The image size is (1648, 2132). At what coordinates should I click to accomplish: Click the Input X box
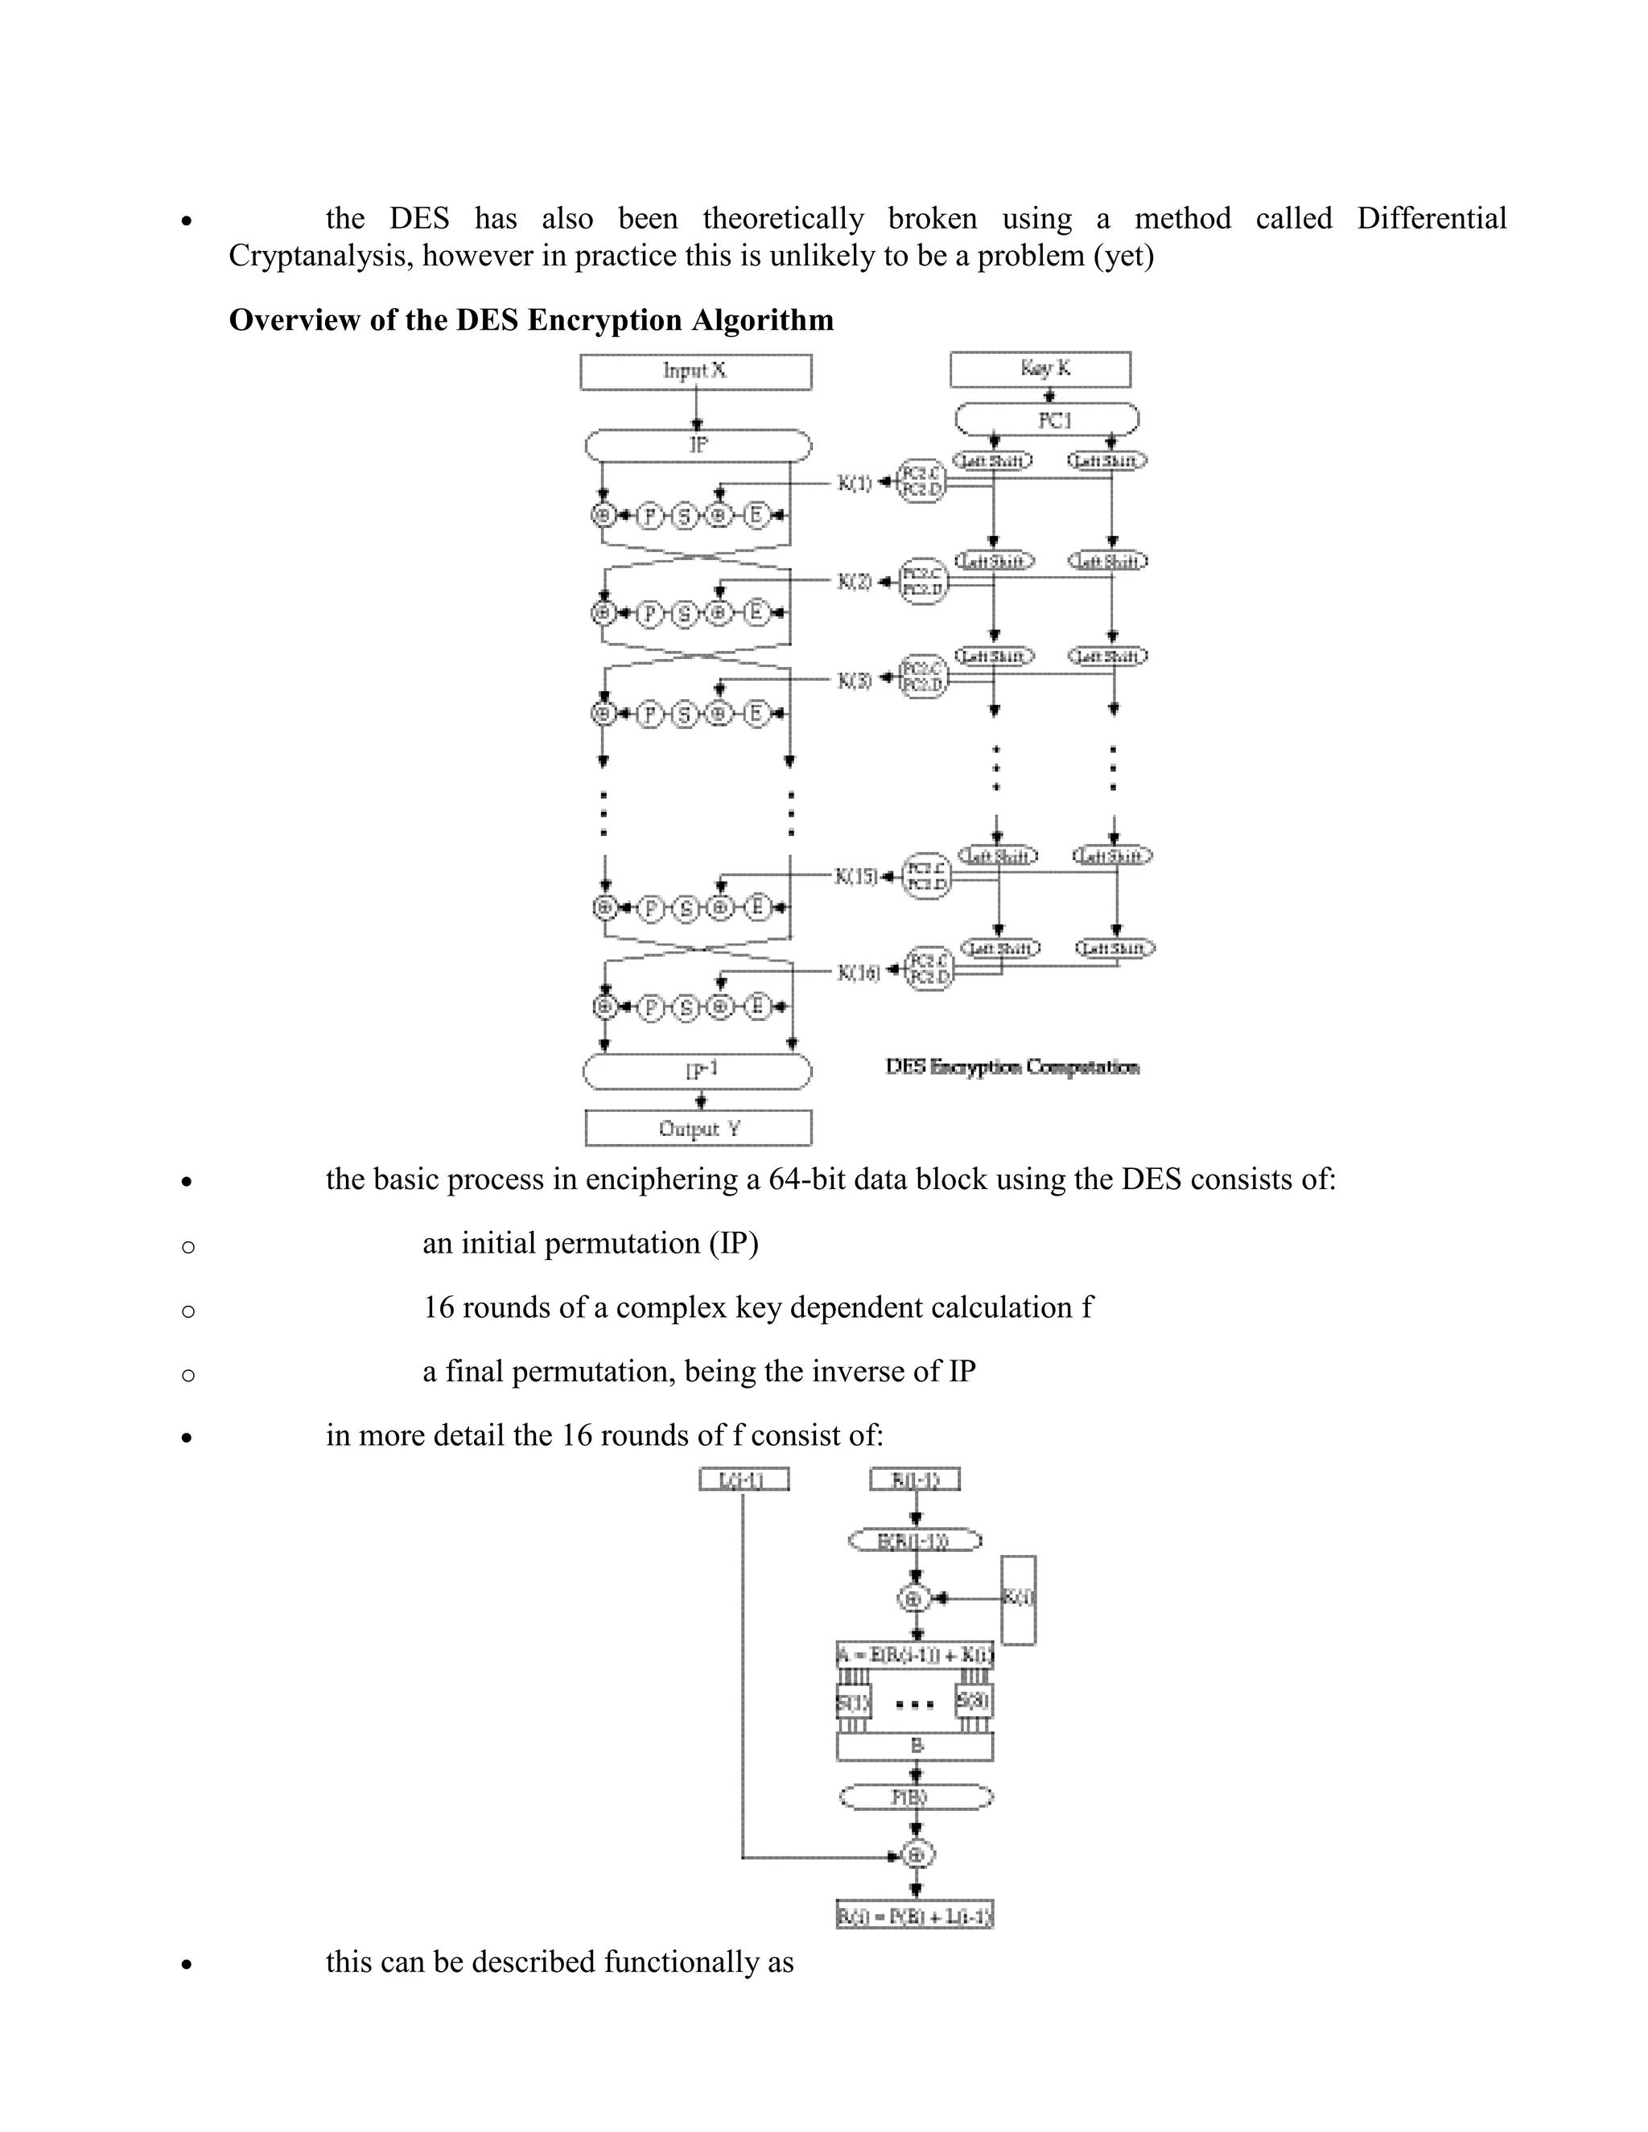click(695, 371)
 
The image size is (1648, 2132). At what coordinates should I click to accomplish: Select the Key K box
click(1040, 369)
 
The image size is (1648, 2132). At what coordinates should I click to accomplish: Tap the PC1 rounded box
click(1047, 420)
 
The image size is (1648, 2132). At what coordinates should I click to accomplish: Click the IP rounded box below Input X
click(698, 445)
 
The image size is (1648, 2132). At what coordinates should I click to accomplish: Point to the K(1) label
click(855, 482)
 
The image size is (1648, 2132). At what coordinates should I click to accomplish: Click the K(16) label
click(858, 973)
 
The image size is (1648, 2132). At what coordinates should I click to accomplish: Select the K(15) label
click(856, 875)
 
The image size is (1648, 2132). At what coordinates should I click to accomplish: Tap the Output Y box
click(698, 1129)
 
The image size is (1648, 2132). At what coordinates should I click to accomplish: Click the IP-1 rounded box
click(697, 1071)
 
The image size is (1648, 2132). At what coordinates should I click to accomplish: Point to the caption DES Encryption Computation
click(1011, 1067)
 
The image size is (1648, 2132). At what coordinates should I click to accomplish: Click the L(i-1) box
click(744, 1480)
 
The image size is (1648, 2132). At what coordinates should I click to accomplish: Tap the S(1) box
click(853, 1703)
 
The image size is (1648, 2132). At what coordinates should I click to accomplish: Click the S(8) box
click(974, 1701)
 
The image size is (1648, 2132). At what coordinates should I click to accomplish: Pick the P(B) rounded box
click(916, 1797)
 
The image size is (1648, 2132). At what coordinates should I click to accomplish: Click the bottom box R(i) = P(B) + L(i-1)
click(915, 1916)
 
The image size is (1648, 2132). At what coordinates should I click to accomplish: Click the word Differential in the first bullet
click(1432, 218)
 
